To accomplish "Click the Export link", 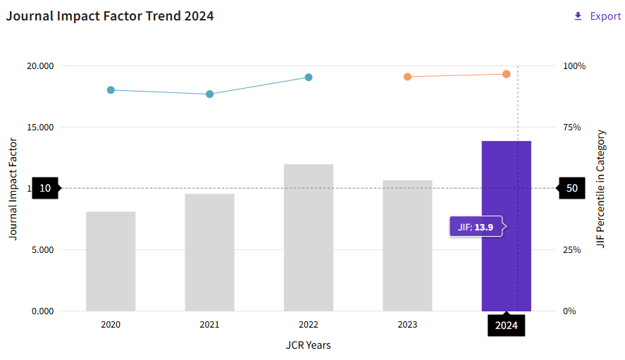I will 598,16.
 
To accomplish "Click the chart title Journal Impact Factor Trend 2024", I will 110,15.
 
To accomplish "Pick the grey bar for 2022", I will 309,237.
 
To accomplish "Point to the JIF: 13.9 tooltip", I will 476,227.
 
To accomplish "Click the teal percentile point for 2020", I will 111,90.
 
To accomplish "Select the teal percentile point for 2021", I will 209,94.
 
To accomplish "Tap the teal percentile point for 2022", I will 309,77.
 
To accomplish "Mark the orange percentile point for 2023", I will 407,76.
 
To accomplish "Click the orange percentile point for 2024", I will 506,74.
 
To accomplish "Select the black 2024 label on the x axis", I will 506,325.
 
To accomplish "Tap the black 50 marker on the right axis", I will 572,188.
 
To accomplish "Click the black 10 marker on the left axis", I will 45,188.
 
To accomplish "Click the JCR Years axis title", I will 308,345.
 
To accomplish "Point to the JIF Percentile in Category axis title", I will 600,188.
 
